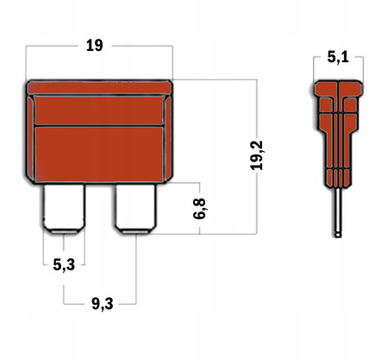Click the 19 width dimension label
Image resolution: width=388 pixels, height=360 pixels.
point(95,46)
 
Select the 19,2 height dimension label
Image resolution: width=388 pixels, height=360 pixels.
point(257,155)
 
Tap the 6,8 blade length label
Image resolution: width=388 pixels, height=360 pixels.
point(199,209)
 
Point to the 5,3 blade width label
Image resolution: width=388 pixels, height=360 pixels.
point(64,265)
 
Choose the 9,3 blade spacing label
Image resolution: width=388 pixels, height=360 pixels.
point(103,304)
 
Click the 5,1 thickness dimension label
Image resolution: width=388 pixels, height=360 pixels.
point(338,57)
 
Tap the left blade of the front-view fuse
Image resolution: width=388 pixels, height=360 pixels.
point(64,209)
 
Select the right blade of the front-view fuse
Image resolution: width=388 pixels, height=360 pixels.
point(136,209)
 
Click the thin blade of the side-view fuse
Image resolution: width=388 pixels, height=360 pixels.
point(338,212)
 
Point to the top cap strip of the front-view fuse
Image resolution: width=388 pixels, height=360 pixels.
point(100,87)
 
